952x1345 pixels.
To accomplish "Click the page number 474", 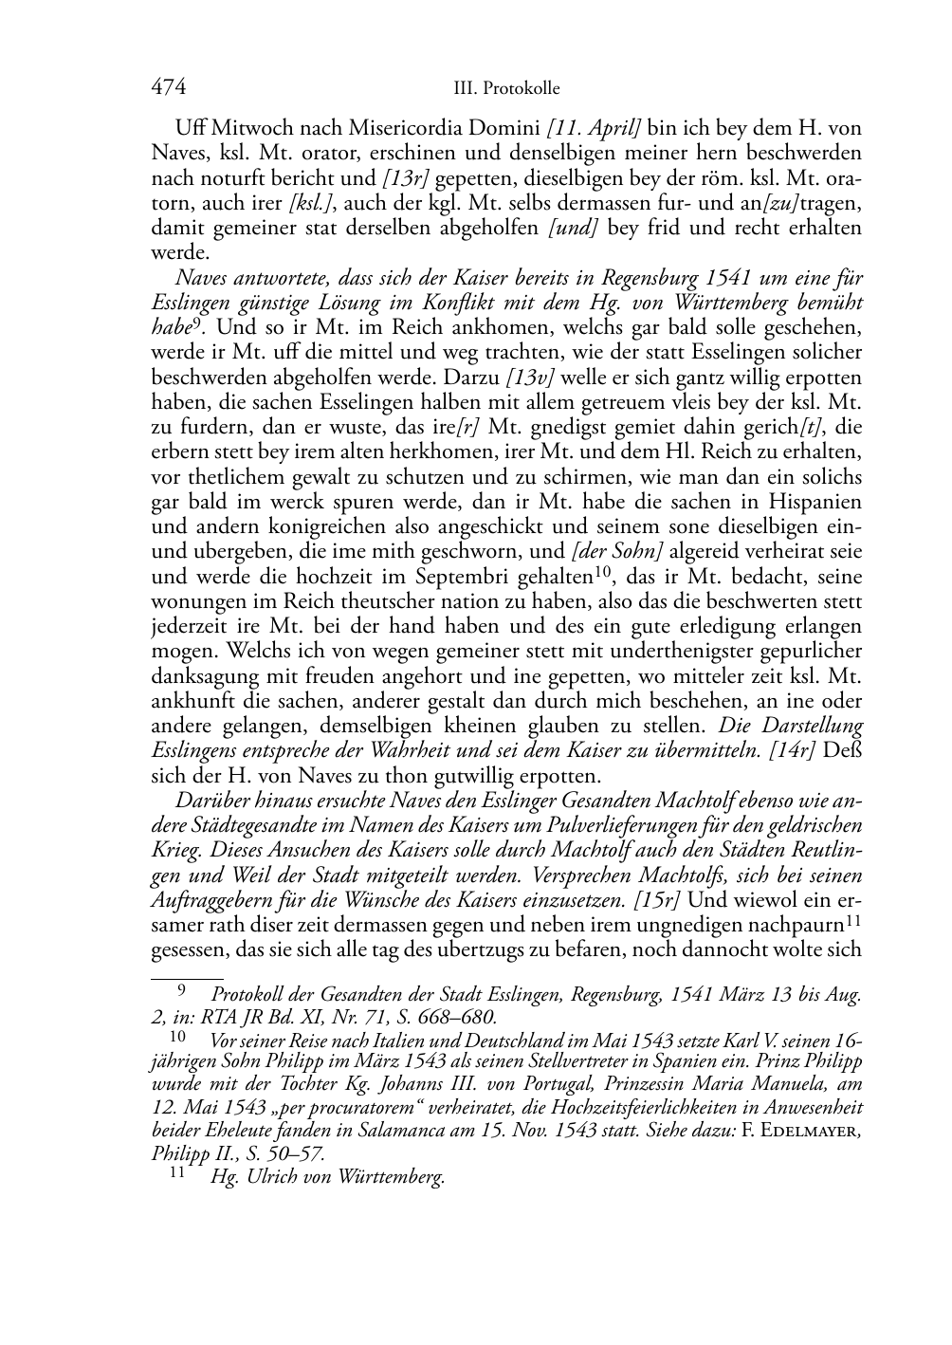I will point(168,87).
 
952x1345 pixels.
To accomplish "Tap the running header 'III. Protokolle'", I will point(506,89).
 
